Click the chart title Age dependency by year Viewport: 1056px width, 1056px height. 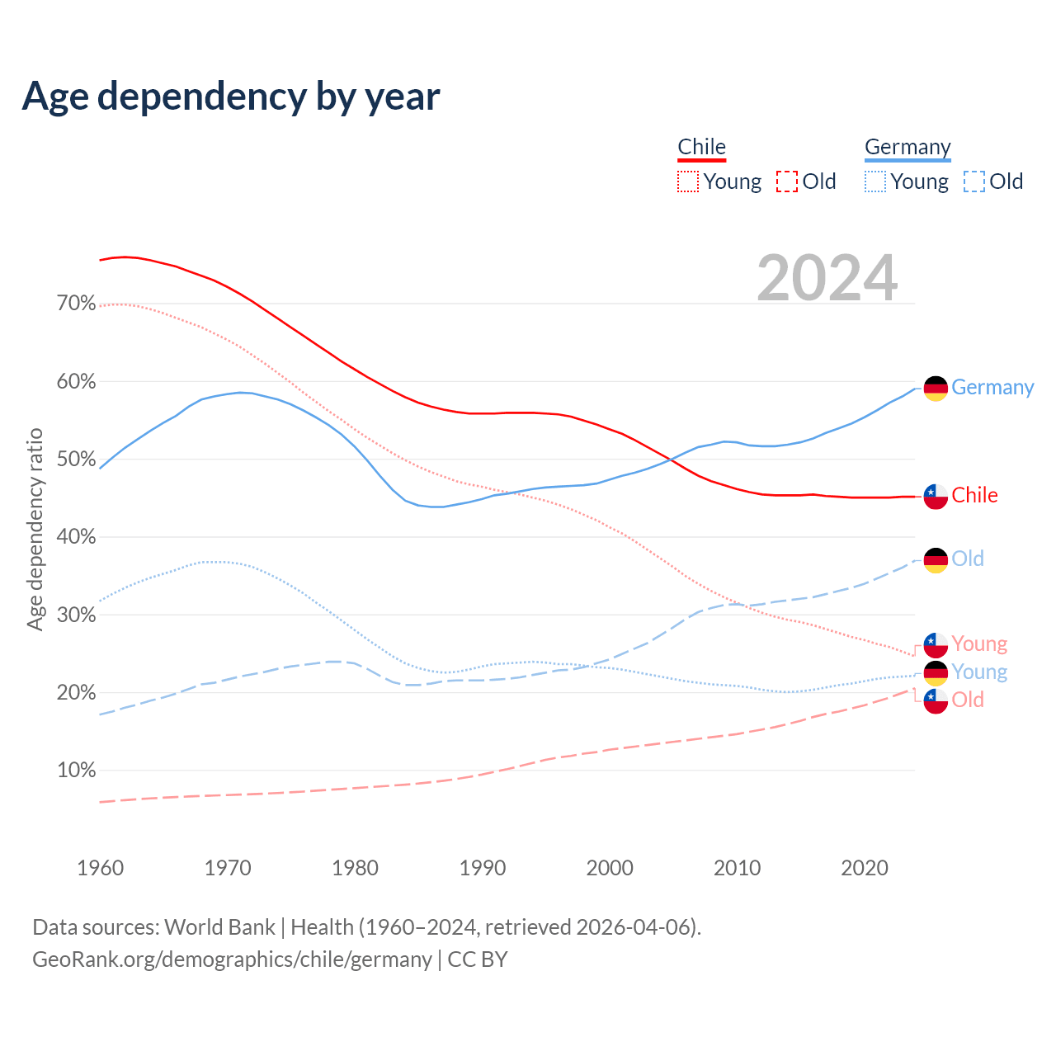tap(231, 97)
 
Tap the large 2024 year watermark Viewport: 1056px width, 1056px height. tap(827, 278)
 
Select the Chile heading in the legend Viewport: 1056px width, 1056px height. tap(701, 147)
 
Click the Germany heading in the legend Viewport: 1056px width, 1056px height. tap(907, 147)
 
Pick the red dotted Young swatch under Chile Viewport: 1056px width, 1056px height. tap(688, 181)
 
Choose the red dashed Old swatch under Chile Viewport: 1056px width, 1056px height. tap(787, 181)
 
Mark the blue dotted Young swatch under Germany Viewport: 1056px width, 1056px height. tap(875, 181)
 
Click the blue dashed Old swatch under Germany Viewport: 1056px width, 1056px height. tap(974, 181)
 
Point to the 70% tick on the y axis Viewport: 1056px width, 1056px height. tap(77, 304)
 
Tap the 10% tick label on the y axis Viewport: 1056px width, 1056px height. tap(77, 771)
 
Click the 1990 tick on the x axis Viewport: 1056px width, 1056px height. tap(483, 868)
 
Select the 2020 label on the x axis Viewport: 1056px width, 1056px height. tap(865, 868)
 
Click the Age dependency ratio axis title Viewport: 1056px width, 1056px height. tap(35, 529)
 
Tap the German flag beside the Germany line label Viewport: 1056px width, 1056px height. tap(936, 388)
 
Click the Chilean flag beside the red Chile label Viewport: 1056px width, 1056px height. tap(936, 496)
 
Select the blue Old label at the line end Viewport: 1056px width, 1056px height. tap(968, 559)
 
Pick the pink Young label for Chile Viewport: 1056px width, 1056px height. tap(979, 643)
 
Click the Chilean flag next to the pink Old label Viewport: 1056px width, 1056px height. tap(936, 700)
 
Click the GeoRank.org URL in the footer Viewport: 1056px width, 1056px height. tap(232, 959)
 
